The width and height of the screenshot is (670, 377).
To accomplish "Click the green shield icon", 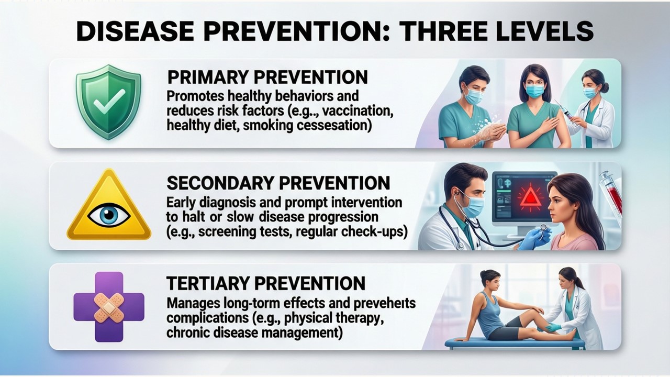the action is pyautogui.click(x=108, y=102).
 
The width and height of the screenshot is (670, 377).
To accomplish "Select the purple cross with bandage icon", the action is pyautogui.click(x=109, y=307).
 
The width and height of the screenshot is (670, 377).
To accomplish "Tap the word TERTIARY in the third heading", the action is pyautogui.click(x=208, y=283).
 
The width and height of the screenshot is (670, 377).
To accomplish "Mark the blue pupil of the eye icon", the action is pyautogui.click(x=109, y=214).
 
